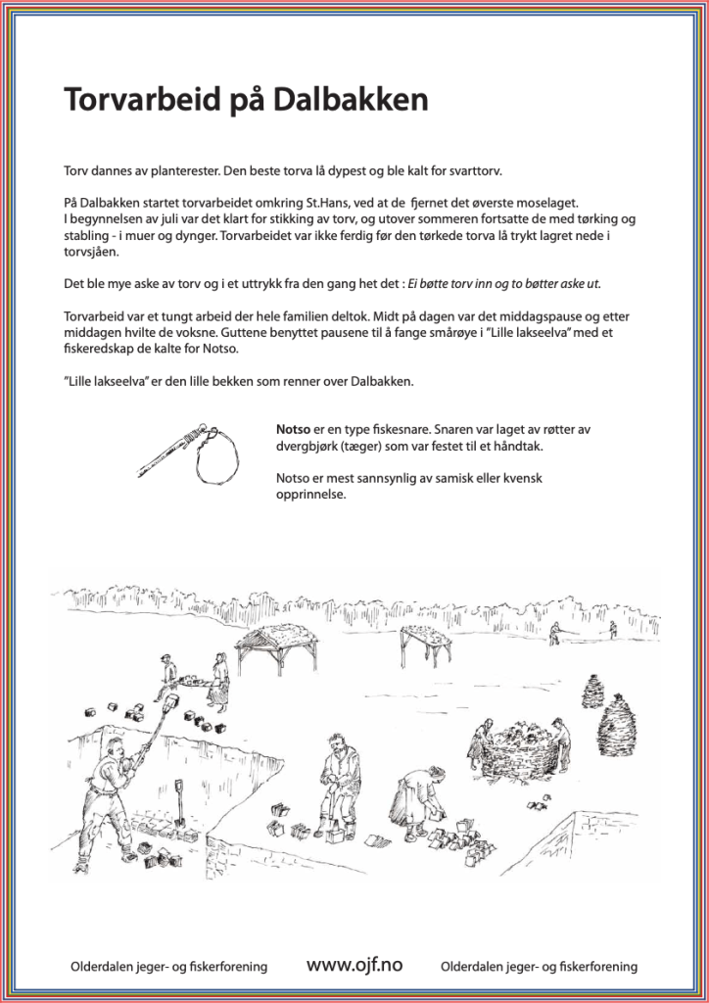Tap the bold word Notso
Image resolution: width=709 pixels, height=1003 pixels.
296,428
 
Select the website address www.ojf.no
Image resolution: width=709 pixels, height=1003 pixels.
354,966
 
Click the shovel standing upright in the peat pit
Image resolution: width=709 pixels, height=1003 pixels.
179,802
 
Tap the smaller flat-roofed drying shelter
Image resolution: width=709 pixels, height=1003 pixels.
425,643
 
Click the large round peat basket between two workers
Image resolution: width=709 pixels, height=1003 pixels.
517,747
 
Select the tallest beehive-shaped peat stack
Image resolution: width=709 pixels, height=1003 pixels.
620,723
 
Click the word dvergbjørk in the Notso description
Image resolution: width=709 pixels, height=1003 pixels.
317,446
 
